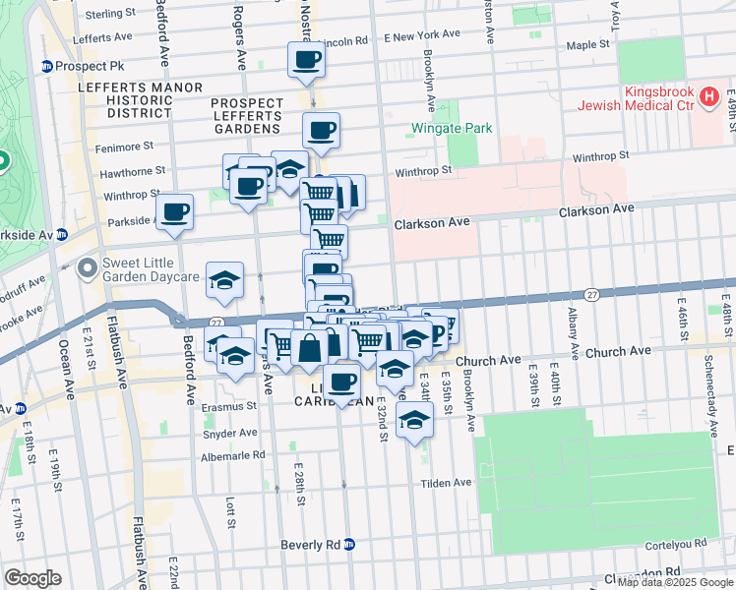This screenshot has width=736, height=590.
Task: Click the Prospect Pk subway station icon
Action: coord(45,67)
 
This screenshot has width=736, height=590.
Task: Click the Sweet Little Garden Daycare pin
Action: coord(89,266)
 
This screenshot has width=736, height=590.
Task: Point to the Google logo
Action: coord(32,578)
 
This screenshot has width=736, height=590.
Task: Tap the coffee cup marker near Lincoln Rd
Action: coord(308,60)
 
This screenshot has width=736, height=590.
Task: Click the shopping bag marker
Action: coord(310,346)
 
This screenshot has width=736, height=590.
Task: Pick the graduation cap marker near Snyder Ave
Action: coord(414,420)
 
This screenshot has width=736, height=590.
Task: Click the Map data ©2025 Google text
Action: coord(672,582)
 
